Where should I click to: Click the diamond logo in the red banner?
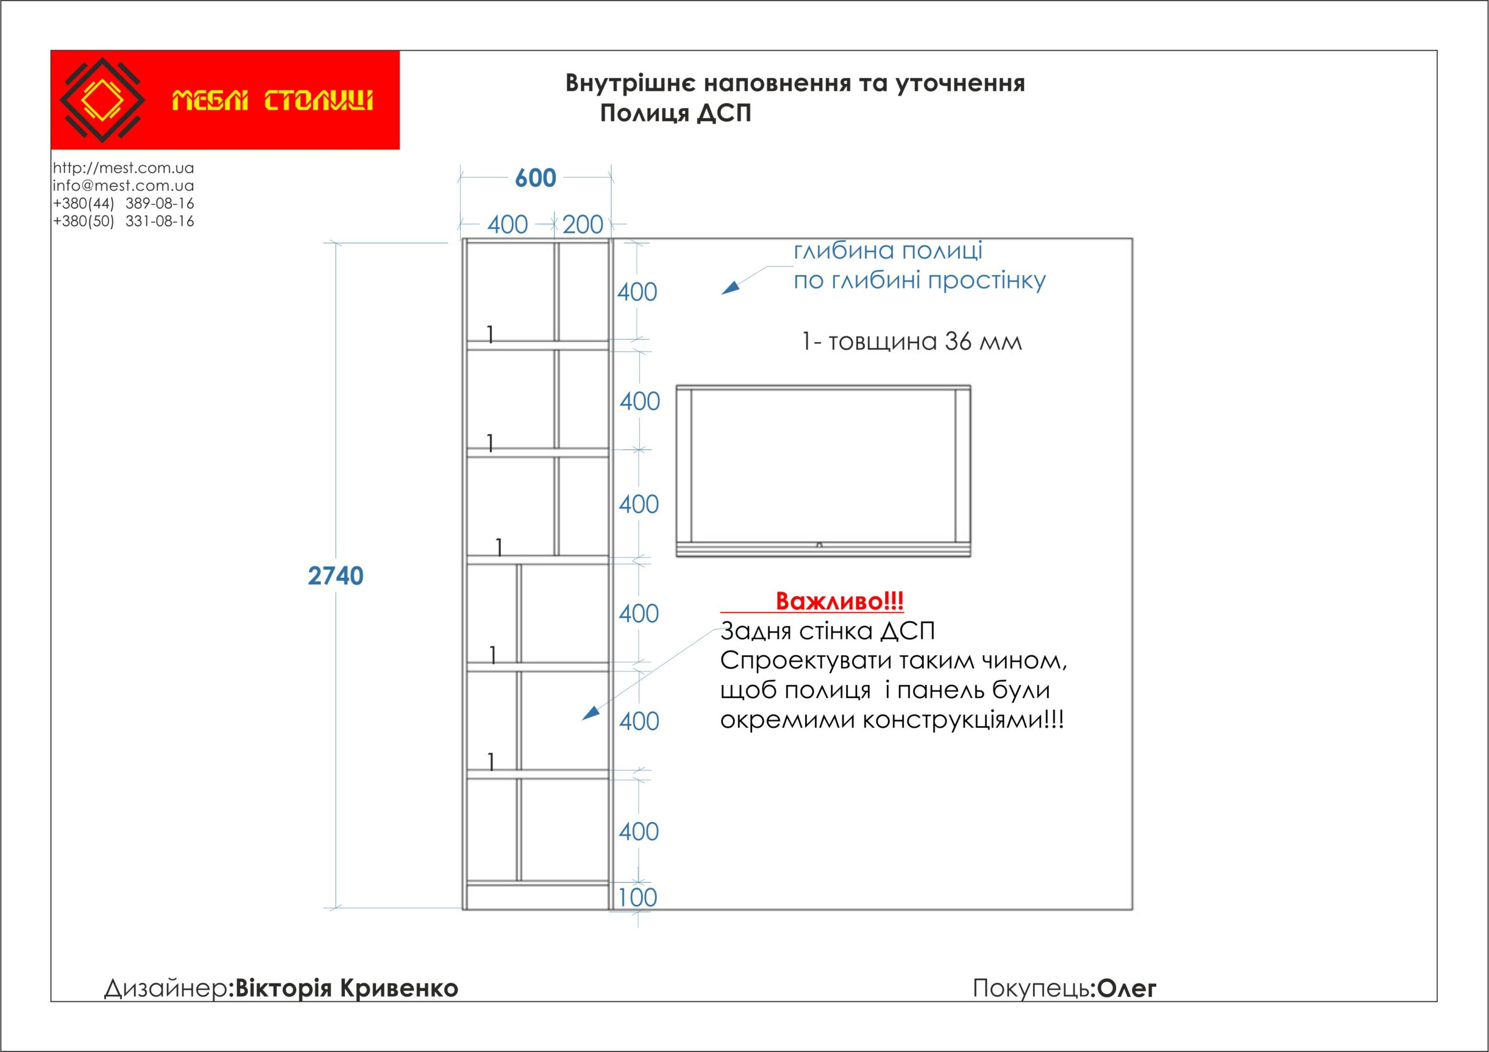click(x=102, y=100)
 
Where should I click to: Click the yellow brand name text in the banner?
click(x=272, y=101)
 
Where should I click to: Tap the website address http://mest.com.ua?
click(x=123, y=168)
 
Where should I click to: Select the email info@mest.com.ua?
click(x=123, y=186)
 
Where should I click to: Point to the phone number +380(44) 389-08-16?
click(x=123, y=203)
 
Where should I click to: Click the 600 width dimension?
click(x=536, y=177)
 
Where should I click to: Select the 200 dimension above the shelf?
click(x=582, y=225)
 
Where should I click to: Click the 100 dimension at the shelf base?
click(x=637, y=898)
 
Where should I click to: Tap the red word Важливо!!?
click(x=839, y=601)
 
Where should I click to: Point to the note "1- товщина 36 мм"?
click(x=911, y=342)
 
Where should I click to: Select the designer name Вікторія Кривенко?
click(x=346, y=988)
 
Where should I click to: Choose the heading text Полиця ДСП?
click(x=675, y=113)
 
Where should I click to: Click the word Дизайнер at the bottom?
click(x=166, y=988)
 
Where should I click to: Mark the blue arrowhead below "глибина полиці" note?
click(x=730, y=287)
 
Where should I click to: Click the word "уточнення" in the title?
click(x=960, y=83)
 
